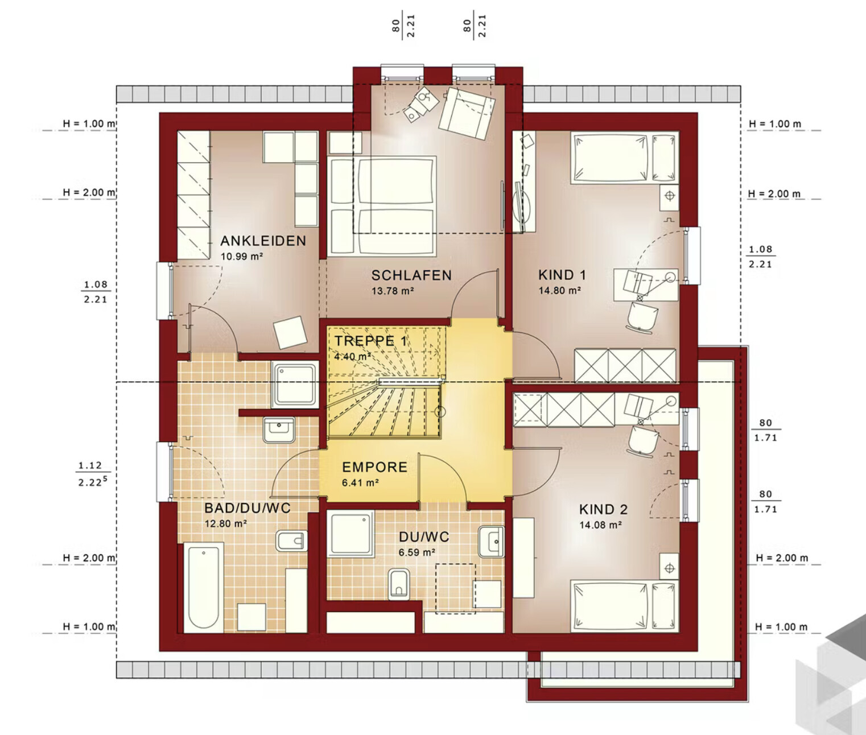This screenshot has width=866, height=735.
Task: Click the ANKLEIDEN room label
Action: click(x=263, y=241)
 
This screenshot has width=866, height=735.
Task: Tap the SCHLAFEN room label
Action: click(x=411, y=275)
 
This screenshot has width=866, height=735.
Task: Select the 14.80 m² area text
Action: click(x=560, y=290)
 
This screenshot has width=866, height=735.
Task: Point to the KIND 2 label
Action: click(x=603, y=509)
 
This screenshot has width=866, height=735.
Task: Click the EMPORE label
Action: click(x=374, y=467)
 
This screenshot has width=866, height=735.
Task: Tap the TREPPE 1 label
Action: click(x=371, y=341)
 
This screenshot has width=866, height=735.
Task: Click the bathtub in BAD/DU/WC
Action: click(x=203, y=588)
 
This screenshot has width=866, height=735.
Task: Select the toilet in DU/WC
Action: click(x=399, y=584)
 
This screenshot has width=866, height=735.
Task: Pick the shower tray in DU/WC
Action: click(x=350, y=534)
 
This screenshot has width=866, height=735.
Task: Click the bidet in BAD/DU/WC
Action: click(x=291, y=540)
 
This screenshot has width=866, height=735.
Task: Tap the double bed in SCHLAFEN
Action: click(x=382, y=206)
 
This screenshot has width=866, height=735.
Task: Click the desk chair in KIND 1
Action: click(x=642, y=317)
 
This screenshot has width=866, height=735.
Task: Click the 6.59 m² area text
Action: click(x=417, y=552)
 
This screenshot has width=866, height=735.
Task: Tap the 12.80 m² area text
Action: click(x=225, y=523)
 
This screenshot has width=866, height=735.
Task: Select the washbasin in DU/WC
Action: click(x=491, y=542)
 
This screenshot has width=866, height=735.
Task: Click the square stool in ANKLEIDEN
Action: click(x=290, y=333)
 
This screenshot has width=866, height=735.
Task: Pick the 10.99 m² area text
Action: click(x=242, y=257)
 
